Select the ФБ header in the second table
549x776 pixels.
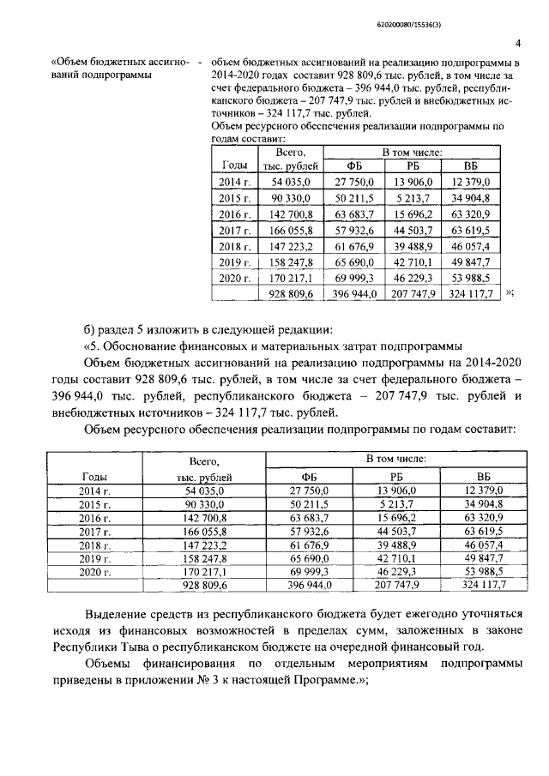click(x=310, y=477)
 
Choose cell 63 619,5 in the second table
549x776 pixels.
click(x=488, y=532)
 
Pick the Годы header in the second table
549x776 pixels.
click(x=94, y=477)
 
